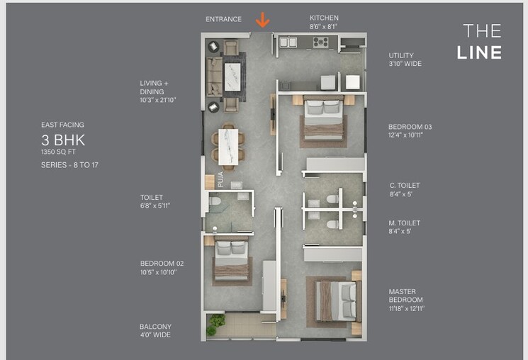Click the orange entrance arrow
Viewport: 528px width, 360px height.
pyautogui.click(x=262, y=20)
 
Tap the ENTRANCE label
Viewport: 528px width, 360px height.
pyautogui.click(x=223, y=19)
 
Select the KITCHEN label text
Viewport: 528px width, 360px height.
pyautogui.click(x=324, y=18)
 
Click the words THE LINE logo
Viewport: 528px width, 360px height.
pyautogui.click(x=482, y=41)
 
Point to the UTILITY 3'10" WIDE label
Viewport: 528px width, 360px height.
pyautogui.click(x=405, y=60)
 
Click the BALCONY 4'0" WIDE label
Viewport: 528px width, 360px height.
pyautogui.click(x=155, y=331)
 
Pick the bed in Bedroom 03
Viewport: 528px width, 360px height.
pyautogui.click(x=323, y=119)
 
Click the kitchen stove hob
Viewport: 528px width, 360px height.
pyautogui.click(x=321, y=42)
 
